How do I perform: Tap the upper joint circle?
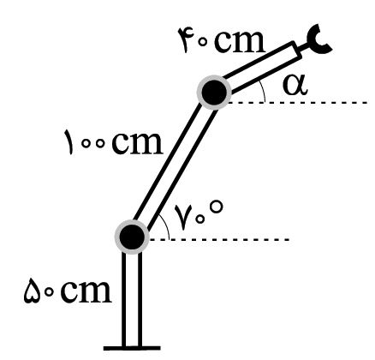click(214, 93)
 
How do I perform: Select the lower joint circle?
click(132, 237)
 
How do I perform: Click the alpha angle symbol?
click(295, 86)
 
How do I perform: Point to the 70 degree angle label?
click(199, 213)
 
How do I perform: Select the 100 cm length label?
click(114, 142)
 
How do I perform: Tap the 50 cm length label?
click(67, 291)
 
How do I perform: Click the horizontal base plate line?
click(132, 348)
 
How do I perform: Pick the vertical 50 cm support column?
click(132, 299)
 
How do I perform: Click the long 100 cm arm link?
click(173, 165)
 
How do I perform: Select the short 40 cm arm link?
click(262, 68)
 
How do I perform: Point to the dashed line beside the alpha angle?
click(297, 102)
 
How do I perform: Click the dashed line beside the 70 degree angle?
click(219, 239)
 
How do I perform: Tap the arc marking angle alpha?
click(264, 91)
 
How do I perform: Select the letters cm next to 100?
click(137, 144)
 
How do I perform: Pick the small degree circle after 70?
click(216, 207)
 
